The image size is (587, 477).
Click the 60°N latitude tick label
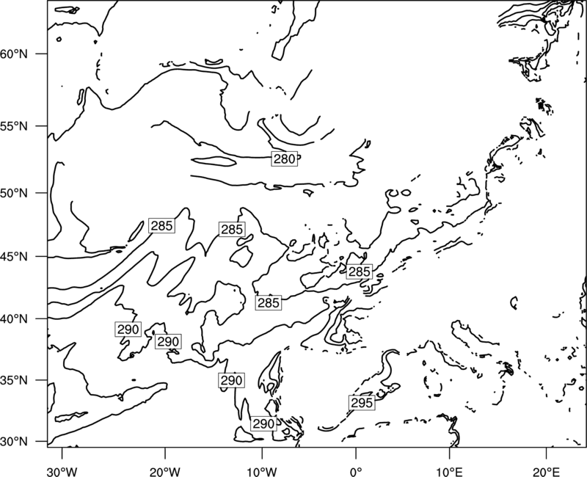(x=14, y=54)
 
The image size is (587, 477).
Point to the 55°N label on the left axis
(x=14, y=126)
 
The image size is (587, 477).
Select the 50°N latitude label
(x=14, y=193)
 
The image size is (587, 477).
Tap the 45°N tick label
(x=14, y=257)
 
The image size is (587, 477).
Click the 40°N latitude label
(x=14, y=319)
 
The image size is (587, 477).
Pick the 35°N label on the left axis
(x=14, y=380)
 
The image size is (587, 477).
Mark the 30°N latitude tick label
(x=14, y=442)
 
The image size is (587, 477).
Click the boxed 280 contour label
(x=285, y=159)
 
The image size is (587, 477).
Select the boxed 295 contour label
(x=362, y=402)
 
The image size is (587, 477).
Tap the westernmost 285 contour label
(x=161, y=226)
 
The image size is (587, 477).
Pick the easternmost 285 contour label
(x=359, y=272)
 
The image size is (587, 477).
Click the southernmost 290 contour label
(x=263, y=424)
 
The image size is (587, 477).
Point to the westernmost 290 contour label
(x=128, y=329)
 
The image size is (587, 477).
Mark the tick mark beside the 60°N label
(x=42, y=54)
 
